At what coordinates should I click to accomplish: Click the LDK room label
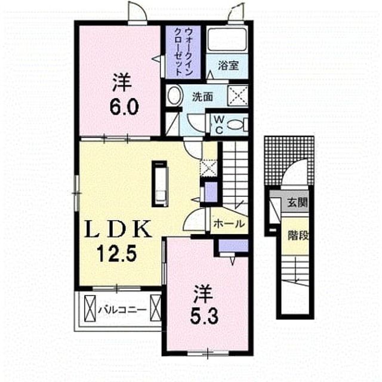(118, 229)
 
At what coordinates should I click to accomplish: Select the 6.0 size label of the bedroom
(124, 107)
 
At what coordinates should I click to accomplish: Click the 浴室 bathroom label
(228, 65)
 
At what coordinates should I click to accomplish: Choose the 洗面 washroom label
(202, 97)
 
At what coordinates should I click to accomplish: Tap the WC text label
(219, 125)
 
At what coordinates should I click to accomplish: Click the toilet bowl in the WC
(238, 125)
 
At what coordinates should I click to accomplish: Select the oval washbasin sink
(175, 95)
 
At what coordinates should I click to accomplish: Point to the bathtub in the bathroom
(227, 40)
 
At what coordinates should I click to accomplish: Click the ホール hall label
(229, 223)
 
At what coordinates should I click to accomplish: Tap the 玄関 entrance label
(297, 202)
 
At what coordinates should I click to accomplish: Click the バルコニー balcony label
(122, 310)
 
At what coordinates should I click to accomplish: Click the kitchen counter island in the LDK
(160, 184)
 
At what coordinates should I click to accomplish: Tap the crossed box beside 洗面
(238, 95)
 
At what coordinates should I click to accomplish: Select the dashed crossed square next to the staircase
(208, 168)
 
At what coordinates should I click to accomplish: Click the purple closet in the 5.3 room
(233, 246)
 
